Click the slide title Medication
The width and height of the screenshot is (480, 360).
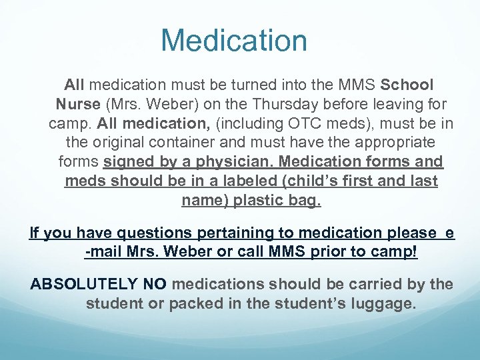tap(234, 40)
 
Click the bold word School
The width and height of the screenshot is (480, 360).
tap(407, 85)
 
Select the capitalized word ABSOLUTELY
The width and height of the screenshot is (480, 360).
tap(85, 284)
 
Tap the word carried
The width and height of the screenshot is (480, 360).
tap(381, 284)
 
